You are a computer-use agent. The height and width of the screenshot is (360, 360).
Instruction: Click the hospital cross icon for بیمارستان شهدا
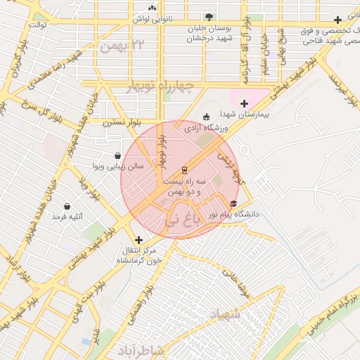[244, 104]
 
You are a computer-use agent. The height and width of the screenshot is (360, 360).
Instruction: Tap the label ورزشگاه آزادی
[207, 129]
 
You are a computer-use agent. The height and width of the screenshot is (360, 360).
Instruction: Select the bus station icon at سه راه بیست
[184, 169]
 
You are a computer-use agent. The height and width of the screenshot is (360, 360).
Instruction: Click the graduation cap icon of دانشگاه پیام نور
[233, 203]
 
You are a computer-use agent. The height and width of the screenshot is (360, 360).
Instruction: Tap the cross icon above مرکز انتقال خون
[138, 240]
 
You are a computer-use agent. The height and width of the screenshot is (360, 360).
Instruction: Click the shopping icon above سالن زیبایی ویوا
[117, 155]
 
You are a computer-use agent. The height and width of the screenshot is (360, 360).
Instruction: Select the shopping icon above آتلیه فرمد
[67, 207]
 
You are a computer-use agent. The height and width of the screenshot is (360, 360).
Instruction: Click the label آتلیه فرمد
[67, 217]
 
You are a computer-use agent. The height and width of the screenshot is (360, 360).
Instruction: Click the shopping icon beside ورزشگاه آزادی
[206, 117]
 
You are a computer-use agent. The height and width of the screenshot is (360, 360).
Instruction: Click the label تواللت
[37, 25]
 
